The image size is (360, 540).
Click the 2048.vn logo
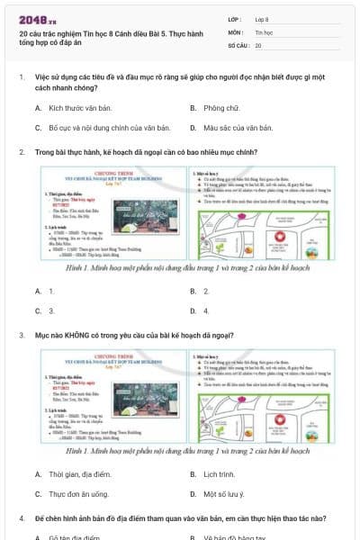[x=37, y=19]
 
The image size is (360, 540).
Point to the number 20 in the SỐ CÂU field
[x=259, y=45]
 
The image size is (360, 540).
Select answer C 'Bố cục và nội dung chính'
[x=96, y=128]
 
